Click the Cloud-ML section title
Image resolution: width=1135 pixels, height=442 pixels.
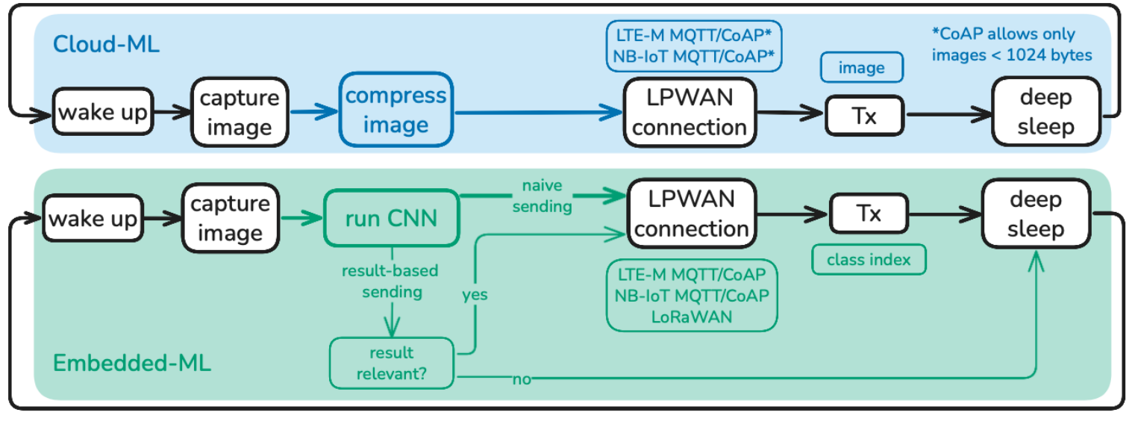[106, 44]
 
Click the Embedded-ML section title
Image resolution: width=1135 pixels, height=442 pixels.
[132, 364]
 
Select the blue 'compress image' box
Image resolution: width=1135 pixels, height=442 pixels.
[395, 110]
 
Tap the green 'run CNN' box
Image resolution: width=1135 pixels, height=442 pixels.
[391, 220]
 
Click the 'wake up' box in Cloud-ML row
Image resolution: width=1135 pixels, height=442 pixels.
[104, 113]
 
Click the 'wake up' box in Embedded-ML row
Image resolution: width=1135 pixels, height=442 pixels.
[93, 219]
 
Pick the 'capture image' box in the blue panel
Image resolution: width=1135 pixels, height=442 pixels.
[240, 113]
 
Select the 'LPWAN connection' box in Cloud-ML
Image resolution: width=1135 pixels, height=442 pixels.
[690, 112]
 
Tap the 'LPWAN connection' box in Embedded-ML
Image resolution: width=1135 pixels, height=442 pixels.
[692, 214]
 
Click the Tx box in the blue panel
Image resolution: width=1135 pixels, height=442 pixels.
[864, 117]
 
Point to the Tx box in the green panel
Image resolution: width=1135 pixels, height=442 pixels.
[869, 214]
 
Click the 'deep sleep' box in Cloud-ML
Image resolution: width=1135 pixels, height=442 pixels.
[1045, 112]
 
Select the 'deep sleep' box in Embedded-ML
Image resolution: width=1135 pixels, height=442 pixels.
[1036, 214]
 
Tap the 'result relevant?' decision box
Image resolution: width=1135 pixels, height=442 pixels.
[392, 362]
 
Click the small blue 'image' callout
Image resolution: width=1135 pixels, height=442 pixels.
[862, 68]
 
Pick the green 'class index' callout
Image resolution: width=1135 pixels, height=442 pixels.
[869, 260]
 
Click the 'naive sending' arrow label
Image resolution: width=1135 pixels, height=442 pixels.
[542, 196]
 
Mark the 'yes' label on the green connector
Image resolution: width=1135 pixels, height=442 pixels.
[474, 295]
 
